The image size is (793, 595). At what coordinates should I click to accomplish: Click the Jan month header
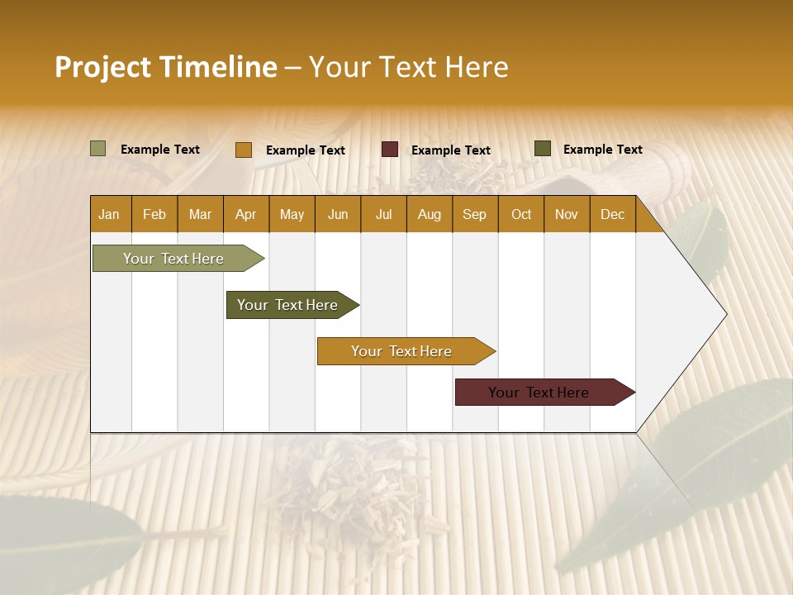tap(110, 215)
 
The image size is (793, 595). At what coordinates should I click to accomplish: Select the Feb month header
tap(154, 215)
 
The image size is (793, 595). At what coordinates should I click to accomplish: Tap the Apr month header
tap(246, 215)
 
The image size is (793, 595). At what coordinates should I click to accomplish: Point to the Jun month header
tap(338, 215)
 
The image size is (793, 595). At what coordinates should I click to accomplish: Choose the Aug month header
tap(430, 215)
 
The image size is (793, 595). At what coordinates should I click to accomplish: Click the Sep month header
tap(475, 215)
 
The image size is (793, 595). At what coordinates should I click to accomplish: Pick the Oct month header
tap(521, 215)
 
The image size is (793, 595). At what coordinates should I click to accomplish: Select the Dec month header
tap(613, 215)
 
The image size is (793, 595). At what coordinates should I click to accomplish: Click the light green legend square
tap(97, 149)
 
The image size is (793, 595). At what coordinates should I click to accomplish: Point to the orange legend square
tap(243, 150)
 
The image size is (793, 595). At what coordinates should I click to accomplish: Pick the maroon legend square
tap(390, 150)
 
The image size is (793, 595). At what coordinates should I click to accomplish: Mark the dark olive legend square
tap(543, 149)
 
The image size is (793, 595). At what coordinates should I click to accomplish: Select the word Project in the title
tap(103, 67)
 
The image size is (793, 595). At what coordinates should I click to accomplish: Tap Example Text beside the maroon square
tap(451, 150)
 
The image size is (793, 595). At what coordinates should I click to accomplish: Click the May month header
tap(292, 215)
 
